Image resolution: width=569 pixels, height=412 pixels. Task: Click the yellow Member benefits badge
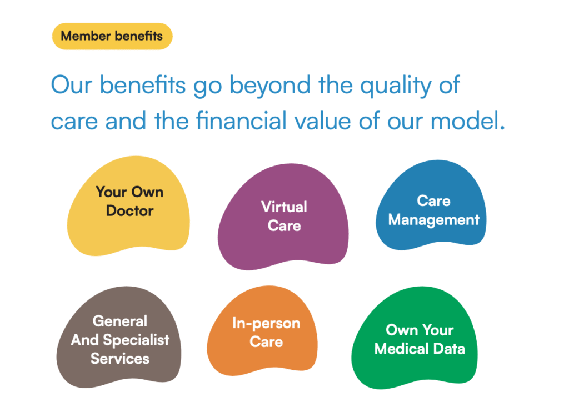point(112,36)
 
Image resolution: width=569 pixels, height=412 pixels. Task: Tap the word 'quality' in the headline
point(396,86)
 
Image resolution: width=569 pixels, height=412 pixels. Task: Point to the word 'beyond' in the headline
point(270,86)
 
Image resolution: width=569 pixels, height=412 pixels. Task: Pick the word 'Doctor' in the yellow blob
point(129,210)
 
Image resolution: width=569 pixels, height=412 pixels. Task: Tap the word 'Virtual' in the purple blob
point(284,207)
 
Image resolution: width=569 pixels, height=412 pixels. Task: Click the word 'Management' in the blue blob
point(433,220)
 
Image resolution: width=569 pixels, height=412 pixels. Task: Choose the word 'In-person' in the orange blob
point(266,324)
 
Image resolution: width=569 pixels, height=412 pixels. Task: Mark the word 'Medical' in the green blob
point(401,349)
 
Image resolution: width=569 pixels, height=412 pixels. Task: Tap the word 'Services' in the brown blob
point(120,359)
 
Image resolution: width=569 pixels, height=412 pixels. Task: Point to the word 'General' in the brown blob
point(120,321)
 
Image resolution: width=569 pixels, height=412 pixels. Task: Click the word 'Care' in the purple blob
point(284,225)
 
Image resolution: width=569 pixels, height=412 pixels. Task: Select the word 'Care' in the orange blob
point(266,341)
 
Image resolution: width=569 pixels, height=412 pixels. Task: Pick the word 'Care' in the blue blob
point(433,200)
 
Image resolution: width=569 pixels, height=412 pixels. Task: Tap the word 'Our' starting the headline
point(72,85)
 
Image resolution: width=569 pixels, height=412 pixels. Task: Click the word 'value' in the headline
point(322,120)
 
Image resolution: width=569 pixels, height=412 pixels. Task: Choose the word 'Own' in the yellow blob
point(147,192)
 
